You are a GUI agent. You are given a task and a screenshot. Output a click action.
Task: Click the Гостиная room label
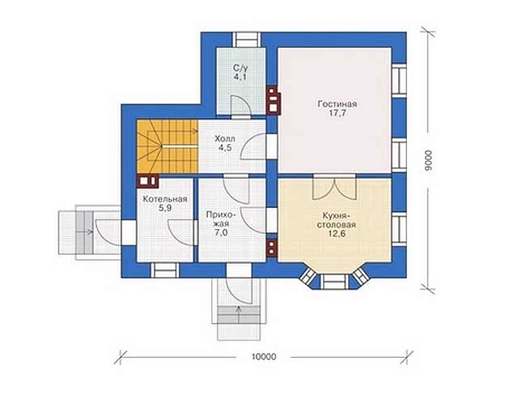[x=337, y=104]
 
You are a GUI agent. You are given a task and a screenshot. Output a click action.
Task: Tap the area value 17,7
[x=337, y=113]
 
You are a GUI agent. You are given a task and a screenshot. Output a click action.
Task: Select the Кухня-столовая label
[x=337, y=220]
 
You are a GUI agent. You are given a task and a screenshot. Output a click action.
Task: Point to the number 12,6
[x=337, y=234]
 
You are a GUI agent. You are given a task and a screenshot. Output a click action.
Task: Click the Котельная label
[x=165, y=199]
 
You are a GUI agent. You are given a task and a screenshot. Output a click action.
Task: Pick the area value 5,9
[x=165, y=208]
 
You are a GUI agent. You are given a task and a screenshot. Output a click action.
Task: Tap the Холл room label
[x=225, y=138]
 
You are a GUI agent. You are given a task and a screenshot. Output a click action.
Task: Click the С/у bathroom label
[x=240, y=68]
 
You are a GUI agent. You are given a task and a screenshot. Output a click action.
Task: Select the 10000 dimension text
[x=263, y=357]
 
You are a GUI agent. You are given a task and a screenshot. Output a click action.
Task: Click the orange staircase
[x=168, y=147]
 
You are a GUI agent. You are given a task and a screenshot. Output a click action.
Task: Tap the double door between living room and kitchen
[x=334, y=187]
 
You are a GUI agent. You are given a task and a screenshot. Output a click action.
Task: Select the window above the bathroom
[x=247, y=40]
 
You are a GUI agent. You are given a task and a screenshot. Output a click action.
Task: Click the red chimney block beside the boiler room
[x=147, y=181]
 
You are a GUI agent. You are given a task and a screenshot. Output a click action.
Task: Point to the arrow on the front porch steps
[x=239, y=314]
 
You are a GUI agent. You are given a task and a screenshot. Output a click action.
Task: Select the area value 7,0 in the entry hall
[x=221, y=232]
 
